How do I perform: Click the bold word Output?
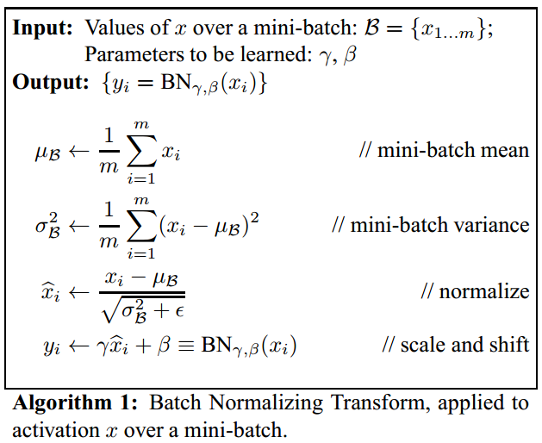point(50,84)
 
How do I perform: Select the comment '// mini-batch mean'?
point(444,151)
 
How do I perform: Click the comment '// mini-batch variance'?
point(430,226)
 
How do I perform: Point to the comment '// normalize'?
point(475,291)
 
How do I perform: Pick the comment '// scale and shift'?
point(455,345)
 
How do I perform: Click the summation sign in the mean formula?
point(137,151)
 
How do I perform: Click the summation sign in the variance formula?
point(137,226)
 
